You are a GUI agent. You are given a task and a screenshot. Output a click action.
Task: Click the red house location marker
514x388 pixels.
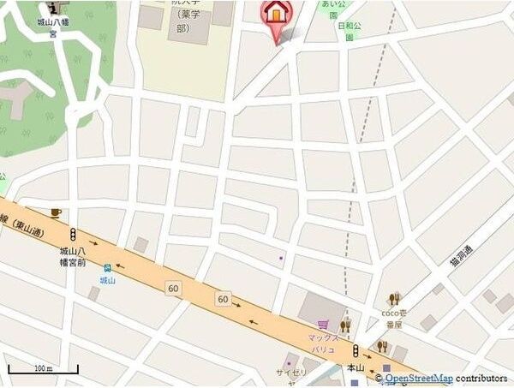[276, 15]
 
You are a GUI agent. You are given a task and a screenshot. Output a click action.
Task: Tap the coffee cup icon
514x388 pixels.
[56, 211]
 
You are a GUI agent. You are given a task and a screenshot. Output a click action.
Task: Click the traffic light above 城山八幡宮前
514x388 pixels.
[75, 234]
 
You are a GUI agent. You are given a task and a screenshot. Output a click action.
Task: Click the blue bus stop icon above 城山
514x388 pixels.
[107, 268]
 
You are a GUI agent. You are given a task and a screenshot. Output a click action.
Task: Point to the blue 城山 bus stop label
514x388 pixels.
[107, 280]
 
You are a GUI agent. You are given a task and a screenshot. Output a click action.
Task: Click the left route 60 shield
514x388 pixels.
[174, 288]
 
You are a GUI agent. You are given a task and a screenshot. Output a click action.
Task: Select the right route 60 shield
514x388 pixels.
[223, 299]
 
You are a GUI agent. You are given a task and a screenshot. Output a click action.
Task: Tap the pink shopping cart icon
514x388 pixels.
[323, 325]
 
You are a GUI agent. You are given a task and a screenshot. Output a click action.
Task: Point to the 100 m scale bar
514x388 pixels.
[43, 370]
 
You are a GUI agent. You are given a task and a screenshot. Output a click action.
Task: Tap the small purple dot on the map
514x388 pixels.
[281, 257]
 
